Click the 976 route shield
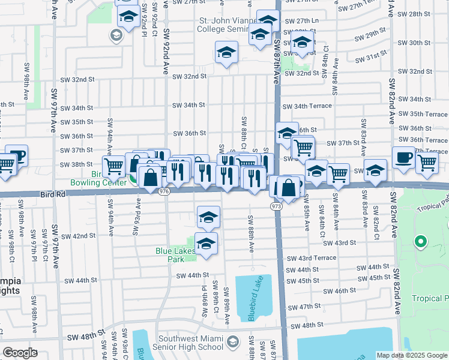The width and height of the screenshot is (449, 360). (164, 191)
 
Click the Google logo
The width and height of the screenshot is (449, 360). (20, 353)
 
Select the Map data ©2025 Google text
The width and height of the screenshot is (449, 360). (412, 356)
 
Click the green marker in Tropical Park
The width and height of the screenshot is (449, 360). (421, 242)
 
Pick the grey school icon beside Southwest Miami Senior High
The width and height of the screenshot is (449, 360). (233, 342)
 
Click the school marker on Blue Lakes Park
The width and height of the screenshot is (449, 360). (206, 245)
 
